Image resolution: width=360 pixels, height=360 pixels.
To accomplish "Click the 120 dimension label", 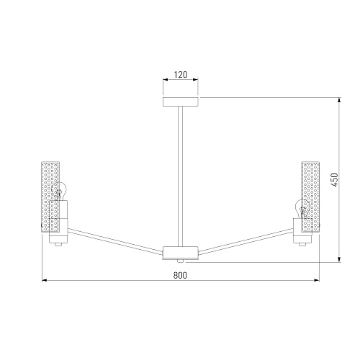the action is click(x=181, y=75).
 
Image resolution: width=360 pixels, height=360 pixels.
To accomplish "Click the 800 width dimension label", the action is click(x=180, y=275).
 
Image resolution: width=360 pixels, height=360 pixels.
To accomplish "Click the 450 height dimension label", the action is click(x=334, y=179).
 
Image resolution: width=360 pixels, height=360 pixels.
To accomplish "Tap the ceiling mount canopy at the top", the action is click(x=181, y=102).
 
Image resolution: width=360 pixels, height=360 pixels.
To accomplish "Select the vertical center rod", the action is click(x=180, y=176).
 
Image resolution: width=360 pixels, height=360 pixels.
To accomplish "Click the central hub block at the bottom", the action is click(x=181, y=252).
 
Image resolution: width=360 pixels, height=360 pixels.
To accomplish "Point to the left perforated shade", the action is click(x=50, y=197).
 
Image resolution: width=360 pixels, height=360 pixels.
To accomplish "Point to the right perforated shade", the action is click(x=310, y=197).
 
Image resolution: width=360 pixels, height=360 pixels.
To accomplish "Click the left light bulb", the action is click(x=59, y=192).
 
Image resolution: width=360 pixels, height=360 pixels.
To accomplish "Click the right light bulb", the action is click(x=302, y=209).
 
